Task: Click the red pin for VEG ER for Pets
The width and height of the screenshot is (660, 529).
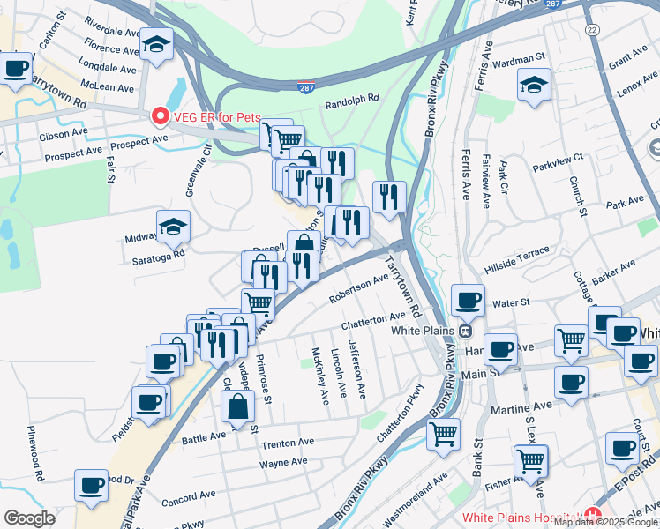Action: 160,115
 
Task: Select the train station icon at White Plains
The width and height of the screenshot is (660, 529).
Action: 464,332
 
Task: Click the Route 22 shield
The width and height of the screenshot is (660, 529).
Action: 591,29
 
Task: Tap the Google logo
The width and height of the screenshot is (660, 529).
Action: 29,518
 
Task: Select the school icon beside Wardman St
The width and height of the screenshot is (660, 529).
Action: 533,86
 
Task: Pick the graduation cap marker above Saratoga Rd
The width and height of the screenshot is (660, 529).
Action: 174,227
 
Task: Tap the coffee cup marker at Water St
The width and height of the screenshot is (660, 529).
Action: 469,300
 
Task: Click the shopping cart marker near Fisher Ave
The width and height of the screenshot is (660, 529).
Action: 530,459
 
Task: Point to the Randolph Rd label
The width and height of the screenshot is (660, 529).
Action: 351,99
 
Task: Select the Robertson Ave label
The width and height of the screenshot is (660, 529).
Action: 359,287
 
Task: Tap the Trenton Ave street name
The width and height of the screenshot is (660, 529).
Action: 288,443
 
